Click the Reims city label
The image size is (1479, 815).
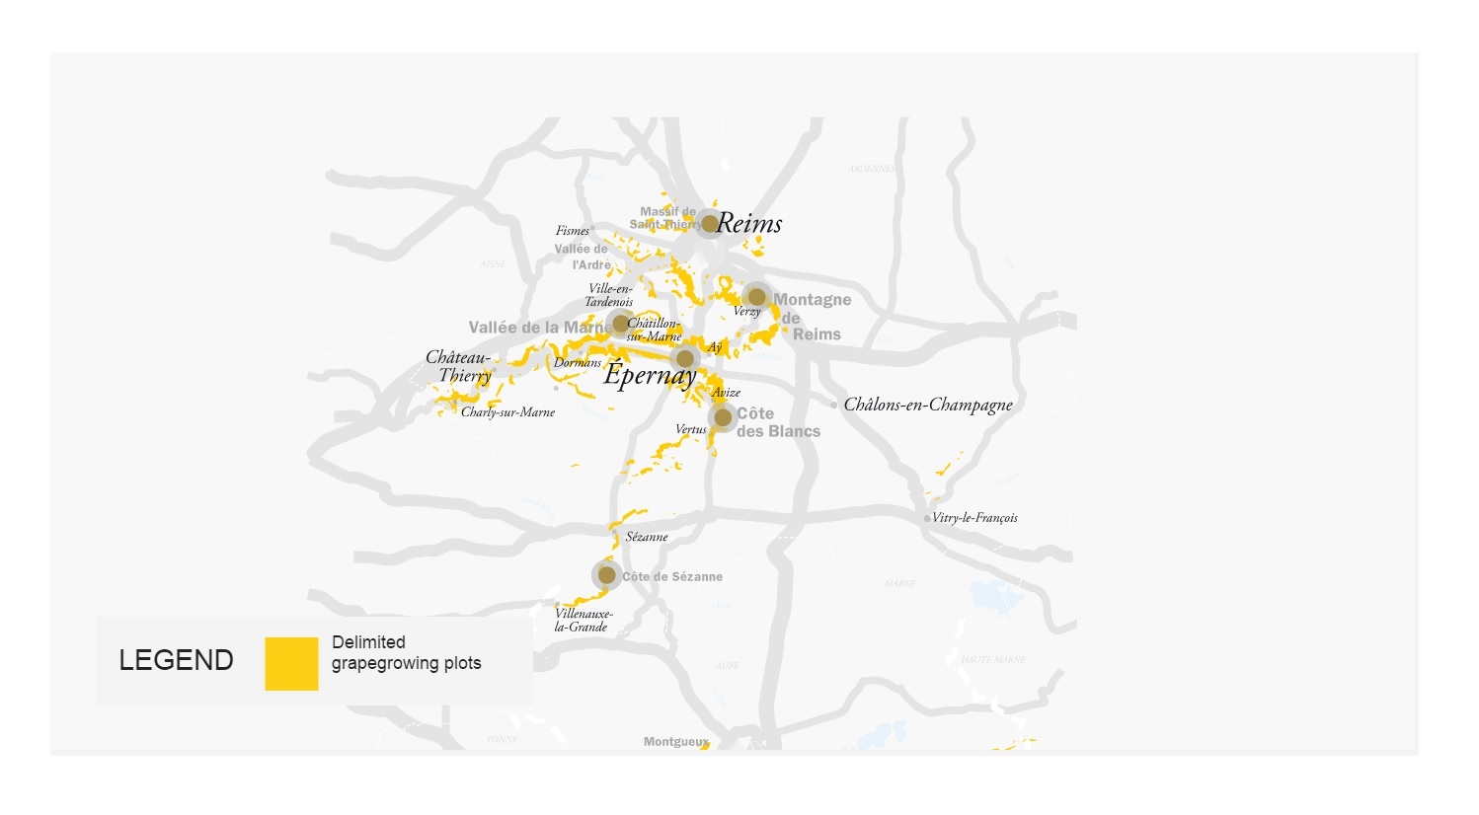(x=749, y=224)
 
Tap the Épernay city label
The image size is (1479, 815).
(x=650, y=375)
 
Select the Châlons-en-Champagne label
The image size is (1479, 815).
(x=928, y=405)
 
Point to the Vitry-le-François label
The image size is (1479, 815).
(x=974, y=518)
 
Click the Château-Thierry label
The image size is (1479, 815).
(x=459, y=366)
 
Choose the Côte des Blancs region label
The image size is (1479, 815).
(x=778, y=422)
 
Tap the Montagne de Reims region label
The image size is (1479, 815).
(x=812, y=317)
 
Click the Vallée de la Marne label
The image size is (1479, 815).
(x=538, y=328)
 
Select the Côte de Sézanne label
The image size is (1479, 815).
(x=672, y=577)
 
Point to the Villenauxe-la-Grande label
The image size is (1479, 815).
(x=583, y=621)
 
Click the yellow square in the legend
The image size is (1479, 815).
(x=291, y=663)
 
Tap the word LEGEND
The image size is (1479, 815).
(x=176, y=661)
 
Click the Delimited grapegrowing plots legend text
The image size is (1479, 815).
(x=406, y=653)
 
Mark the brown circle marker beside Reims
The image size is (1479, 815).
(x=709, y=224)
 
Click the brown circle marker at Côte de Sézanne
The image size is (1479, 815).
(x=607, y=575)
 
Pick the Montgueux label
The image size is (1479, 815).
(x=675, y=742)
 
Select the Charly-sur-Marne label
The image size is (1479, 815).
(x=507, y=412)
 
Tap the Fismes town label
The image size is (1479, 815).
(x=573, y=231)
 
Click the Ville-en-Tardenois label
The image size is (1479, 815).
(x=609, y=295)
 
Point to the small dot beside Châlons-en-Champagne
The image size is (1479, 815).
(x=834, y=405)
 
